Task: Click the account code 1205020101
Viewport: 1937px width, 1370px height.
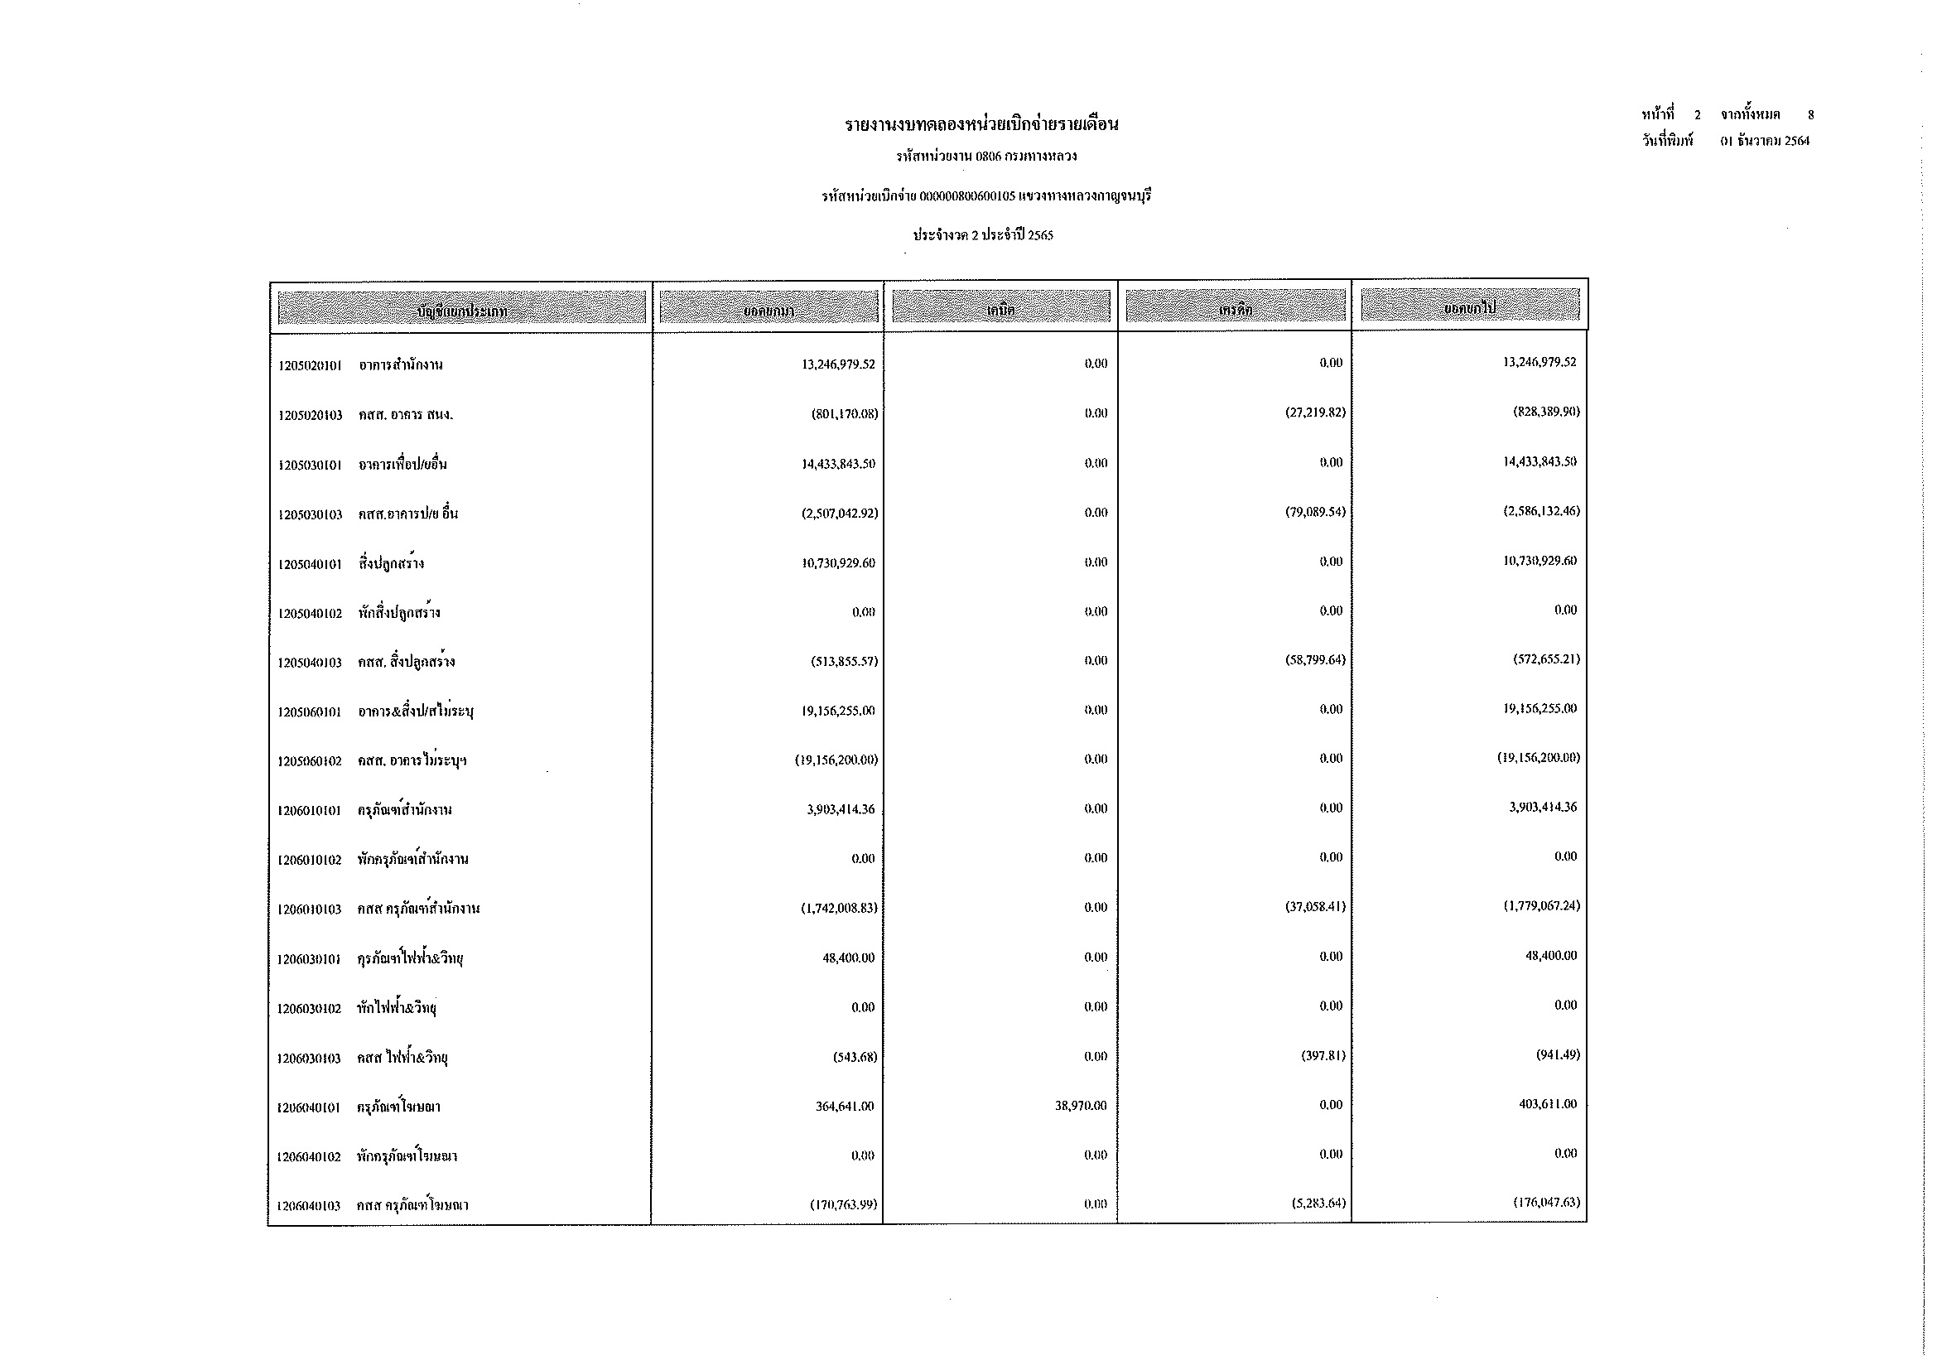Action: pos(310,365)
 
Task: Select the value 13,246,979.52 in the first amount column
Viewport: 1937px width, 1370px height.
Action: pos(838,364)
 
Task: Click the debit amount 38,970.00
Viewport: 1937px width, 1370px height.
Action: pos(1080,1105)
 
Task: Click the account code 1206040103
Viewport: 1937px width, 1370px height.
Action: pos(309,1205)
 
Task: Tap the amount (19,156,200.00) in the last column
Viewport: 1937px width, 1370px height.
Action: pos(1538,758)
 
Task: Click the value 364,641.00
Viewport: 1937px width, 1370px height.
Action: pos(845,1106)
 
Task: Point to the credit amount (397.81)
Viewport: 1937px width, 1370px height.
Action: pos(1323,1055)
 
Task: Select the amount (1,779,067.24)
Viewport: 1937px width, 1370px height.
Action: pos(1541,905)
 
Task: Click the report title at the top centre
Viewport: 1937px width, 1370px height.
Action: pos(981,125)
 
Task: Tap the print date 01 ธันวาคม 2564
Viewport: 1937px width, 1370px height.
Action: pos(1765,141)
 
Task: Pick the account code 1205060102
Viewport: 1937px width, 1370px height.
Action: pos(310,761)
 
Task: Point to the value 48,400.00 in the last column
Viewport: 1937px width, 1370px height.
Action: pos(1550,955)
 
